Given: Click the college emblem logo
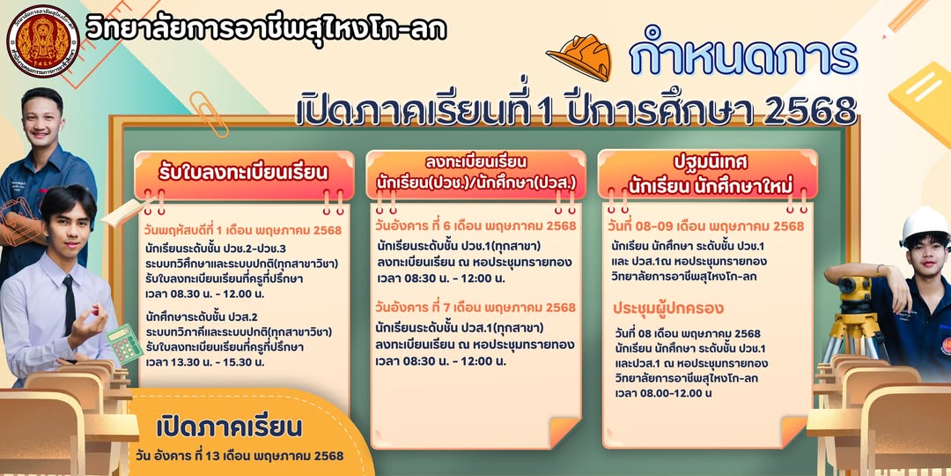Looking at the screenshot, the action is [42, 41].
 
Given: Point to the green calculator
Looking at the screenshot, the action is [124, 344].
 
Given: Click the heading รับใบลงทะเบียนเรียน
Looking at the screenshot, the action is [243, 173].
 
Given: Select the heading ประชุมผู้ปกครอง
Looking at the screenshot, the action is [667, 309].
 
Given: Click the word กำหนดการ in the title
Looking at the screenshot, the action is [743, 58].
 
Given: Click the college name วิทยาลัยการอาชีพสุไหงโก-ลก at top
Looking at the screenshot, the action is [266, 28].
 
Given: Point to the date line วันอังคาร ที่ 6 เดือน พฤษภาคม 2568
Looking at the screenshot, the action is [475, 227].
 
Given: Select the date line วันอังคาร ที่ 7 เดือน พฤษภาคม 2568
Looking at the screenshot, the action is [475, 308].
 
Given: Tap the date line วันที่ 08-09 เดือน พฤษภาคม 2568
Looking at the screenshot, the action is [705, 227].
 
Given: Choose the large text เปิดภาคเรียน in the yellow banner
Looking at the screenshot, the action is [229, 428].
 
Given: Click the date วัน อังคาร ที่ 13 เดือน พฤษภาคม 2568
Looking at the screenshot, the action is [240, 456].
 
